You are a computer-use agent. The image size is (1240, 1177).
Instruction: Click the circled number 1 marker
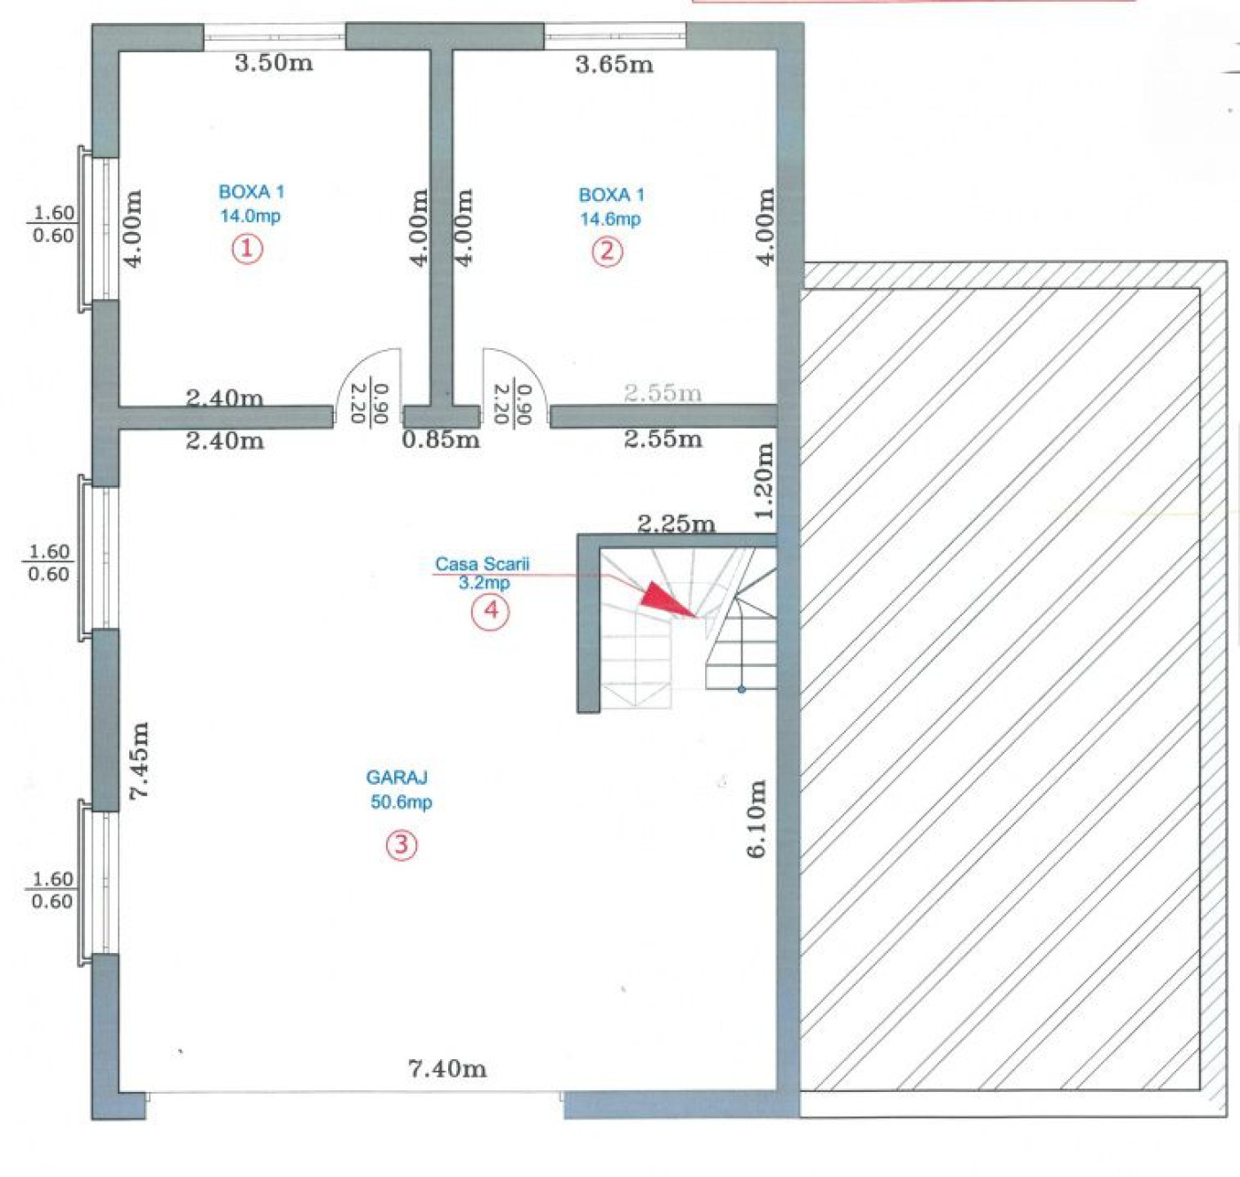tap(247, 249)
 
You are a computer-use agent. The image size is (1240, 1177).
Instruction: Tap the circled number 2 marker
tap(607, 252)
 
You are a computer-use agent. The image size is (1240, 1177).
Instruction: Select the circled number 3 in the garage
tap(401, 845)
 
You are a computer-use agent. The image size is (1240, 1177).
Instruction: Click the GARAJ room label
tap(397, 777)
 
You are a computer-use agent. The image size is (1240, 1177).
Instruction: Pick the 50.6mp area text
tap(401, 802)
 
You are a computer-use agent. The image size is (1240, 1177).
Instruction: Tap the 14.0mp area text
tap(250, 216)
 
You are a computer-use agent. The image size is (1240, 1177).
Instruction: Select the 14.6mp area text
tap(610, 219)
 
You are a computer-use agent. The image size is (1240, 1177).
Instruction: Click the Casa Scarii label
tap(482, 563)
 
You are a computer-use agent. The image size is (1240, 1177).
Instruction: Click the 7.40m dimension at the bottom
tap(447, 1069)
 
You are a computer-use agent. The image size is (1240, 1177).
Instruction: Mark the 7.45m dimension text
tap(139, 760)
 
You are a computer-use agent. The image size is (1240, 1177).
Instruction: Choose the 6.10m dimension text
tap(756, 818)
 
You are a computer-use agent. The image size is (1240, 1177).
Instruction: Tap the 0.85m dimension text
tap(441, 439)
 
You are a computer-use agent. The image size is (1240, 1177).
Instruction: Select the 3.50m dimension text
tap(274, 63)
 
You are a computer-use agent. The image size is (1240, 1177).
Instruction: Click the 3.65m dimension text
tap(614, 65)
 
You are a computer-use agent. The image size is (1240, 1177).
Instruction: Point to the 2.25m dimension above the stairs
tap(676, 523)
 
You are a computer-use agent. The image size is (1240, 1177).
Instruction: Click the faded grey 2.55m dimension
tap(663, 393)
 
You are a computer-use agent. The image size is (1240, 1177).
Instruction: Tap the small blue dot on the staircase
tap(741, 689)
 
